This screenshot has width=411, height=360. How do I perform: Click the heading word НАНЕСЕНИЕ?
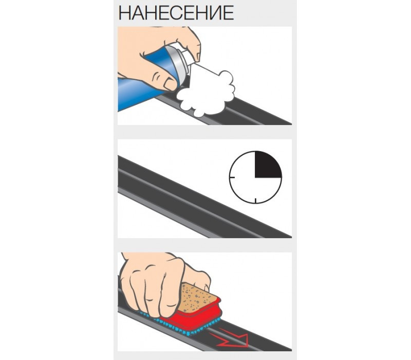point(176,13)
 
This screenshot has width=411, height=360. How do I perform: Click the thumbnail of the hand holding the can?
point(171,84)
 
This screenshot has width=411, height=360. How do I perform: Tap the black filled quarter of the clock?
point(268,164)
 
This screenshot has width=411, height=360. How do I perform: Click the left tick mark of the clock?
point(232,177)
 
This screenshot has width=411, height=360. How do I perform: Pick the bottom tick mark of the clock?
point(255,201)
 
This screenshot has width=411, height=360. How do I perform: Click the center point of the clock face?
point(255,177)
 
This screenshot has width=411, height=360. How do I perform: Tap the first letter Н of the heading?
point(124,13)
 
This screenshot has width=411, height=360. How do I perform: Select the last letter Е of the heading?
point(229,13)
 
